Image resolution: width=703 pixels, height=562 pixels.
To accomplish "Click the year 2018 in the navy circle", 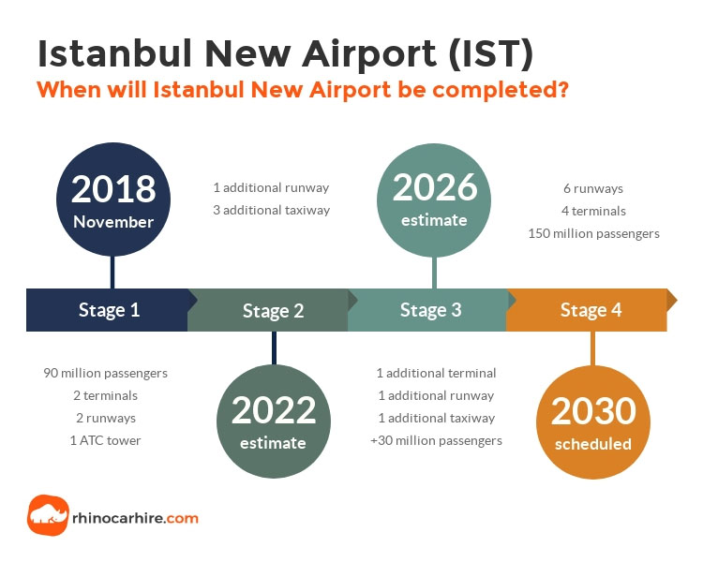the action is pos(113,189).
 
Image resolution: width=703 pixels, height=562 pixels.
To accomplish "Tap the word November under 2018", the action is pos(113,222).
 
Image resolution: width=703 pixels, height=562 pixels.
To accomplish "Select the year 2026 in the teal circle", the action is pos(435,187).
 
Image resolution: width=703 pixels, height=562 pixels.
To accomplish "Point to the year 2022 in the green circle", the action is pos(274,410).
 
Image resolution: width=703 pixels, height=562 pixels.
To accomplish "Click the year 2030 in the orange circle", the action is pos(593,411).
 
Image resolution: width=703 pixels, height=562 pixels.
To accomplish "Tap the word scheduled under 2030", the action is pos(593,444).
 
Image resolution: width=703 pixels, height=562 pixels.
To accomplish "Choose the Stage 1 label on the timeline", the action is pos(110,310).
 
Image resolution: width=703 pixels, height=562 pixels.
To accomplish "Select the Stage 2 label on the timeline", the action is pos(274,311).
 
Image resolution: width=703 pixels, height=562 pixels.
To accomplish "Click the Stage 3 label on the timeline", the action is pos(431,310).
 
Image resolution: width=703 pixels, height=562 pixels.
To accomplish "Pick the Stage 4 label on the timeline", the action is pos(591,310).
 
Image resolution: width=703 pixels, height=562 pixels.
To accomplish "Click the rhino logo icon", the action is pos(48,515).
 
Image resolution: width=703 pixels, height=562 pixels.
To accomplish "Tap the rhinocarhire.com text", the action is pos(135,518).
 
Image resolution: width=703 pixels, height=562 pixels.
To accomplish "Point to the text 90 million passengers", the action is pos(105,374).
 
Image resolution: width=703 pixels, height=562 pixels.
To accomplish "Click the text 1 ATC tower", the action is pos(105,440).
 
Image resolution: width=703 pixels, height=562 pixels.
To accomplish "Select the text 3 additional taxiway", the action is pos(271,210).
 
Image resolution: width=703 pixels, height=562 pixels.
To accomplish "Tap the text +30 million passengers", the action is pos(436,440).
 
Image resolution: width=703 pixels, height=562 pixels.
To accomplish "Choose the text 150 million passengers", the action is pos(593,233).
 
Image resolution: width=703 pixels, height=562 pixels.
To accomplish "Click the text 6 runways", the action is pos(593,188).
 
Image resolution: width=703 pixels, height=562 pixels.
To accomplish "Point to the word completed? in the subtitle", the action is pos(501,90).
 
